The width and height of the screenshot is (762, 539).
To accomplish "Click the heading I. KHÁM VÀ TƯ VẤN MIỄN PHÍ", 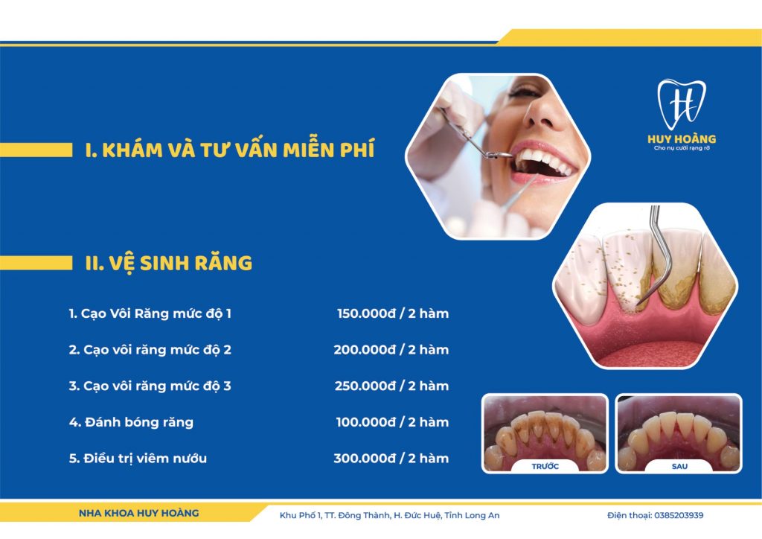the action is click(230, 150).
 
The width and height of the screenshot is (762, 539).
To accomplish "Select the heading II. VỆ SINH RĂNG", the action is click(169, 264).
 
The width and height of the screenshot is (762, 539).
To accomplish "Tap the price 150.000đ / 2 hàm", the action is click(393, 313).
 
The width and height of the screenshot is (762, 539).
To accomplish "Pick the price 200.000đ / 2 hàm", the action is click(391, 350).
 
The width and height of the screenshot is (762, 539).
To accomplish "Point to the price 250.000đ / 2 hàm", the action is click(391, 386).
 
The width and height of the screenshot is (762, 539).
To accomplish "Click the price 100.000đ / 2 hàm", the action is click(392, 422).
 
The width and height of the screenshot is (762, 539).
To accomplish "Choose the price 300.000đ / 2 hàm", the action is click(391, 459).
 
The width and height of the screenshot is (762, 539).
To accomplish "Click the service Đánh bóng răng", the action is click(131, 422).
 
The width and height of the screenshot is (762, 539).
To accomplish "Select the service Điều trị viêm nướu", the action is click(138, 459).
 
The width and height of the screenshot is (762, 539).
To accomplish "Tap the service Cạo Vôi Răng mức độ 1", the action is click(150, 313).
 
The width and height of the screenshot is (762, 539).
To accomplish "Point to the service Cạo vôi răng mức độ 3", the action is click(150, 386).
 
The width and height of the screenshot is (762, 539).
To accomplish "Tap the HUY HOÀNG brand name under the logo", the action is click(682, 139).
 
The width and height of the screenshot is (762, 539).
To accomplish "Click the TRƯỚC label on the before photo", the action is click(545, 467).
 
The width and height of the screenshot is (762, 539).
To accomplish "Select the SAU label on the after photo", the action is click(679, 467).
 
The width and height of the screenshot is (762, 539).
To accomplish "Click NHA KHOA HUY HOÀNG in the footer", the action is click(139, 513).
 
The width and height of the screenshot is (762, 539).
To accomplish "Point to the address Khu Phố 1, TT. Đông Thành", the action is click(335, 515).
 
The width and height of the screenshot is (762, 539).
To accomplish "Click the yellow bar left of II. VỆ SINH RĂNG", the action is click(36, 263).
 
